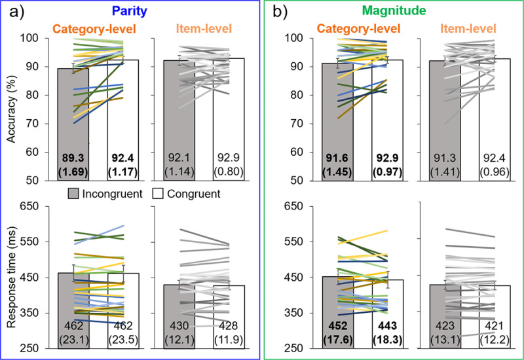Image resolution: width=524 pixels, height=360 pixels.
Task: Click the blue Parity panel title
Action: [x=147, y=10]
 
